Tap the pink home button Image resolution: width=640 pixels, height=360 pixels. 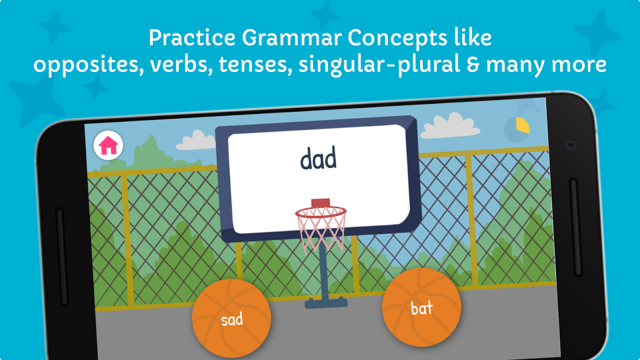108,145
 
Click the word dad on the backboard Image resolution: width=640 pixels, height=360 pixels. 318,158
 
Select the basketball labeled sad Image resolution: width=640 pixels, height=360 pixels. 231,318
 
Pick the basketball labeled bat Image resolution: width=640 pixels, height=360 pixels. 421,307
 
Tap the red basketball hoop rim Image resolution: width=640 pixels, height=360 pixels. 321,212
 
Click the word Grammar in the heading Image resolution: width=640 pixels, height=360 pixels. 292,38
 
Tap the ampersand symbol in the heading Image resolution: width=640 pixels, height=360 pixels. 473,64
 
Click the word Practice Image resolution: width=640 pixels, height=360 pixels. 192,37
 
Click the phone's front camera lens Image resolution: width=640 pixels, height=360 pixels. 571,145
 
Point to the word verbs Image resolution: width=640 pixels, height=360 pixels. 181,64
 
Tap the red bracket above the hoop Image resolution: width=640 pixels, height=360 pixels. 320,202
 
